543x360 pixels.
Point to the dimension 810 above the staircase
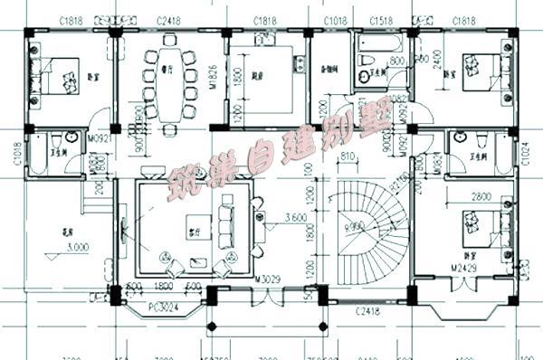347,156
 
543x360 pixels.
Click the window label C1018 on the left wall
17,156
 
